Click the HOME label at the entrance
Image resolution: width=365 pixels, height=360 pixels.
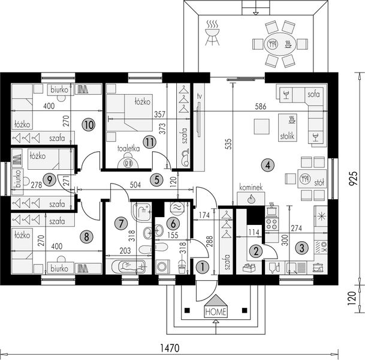click(216, 311)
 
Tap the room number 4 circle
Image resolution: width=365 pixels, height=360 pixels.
click(268, 166)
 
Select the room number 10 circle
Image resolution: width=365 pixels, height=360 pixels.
click(89, 125)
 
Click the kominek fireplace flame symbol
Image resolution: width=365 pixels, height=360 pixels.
click(251, 199)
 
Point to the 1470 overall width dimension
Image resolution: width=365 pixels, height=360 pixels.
click(170, 348)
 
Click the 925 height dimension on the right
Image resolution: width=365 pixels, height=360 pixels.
click(353, 178)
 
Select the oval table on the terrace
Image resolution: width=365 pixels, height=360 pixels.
click(280, 44)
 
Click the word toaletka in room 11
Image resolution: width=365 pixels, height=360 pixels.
click(128, 149)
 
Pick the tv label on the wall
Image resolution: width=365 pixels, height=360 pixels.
click(199, 96)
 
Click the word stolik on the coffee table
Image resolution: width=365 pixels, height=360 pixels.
click(287, 136)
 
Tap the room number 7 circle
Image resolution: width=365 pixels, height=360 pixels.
click(121, 224)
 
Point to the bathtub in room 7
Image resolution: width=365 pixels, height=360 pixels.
click(129, 266)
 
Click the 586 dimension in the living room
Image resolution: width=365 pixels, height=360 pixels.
click(260, 106)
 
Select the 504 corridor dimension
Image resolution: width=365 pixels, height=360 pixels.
click(135, 185)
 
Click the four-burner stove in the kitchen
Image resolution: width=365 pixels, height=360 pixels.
click(272, 223)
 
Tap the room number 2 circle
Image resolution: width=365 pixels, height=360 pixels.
click(256, 251)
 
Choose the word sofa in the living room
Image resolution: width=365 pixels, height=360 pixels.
click(313, 94)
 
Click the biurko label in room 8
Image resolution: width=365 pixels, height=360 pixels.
click(59, 268)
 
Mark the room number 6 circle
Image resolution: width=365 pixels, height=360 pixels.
click(173, 224)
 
